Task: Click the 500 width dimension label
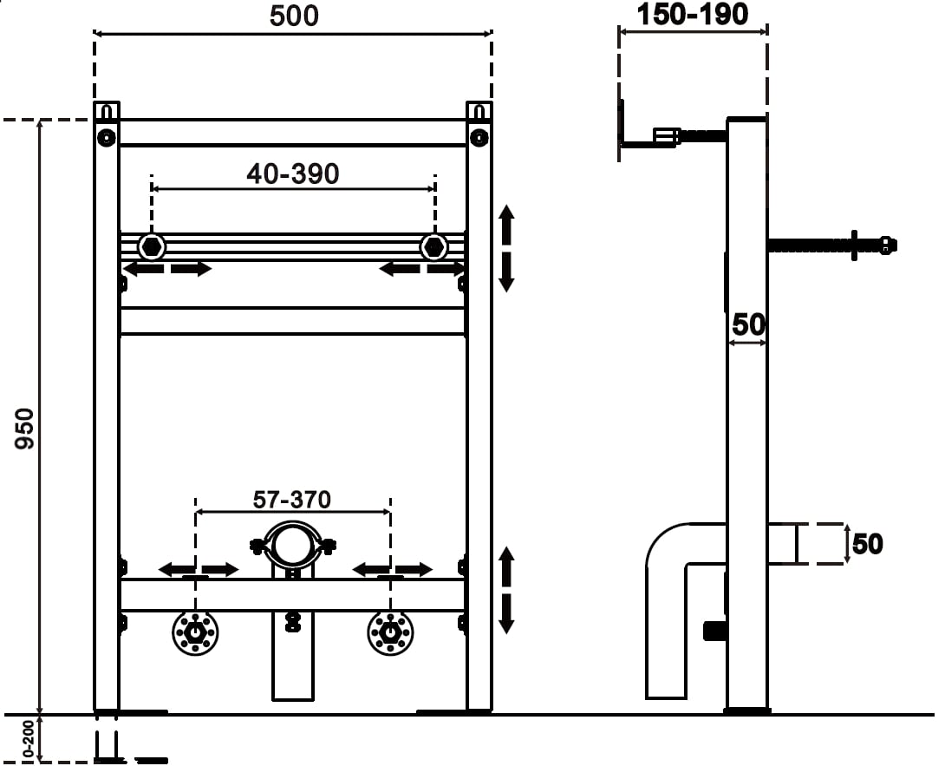[294, 16]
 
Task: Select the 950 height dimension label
[25, 429]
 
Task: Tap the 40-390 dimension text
[293, 173]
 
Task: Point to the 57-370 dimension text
[291, 500]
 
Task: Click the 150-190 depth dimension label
[693, 15]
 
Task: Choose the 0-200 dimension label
[29, 738]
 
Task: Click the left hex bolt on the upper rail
[151, 246]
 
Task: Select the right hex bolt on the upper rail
[434, 246]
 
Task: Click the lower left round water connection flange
[195, 632]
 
